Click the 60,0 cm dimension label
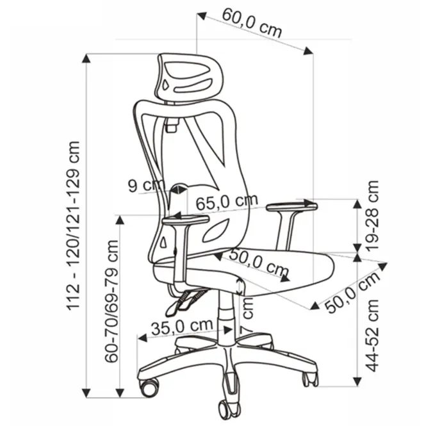point(252,23)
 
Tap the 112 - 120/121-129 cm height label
point(74,225)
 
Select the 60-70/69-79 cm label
point(112,301)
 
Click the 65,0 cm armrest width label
point(227,202)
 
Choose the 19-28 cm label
point(372,215)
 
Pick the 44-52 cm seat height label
point(372,335)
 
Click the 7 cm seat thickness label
point(247,315)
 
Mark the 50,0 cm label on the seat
point(259,263)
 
